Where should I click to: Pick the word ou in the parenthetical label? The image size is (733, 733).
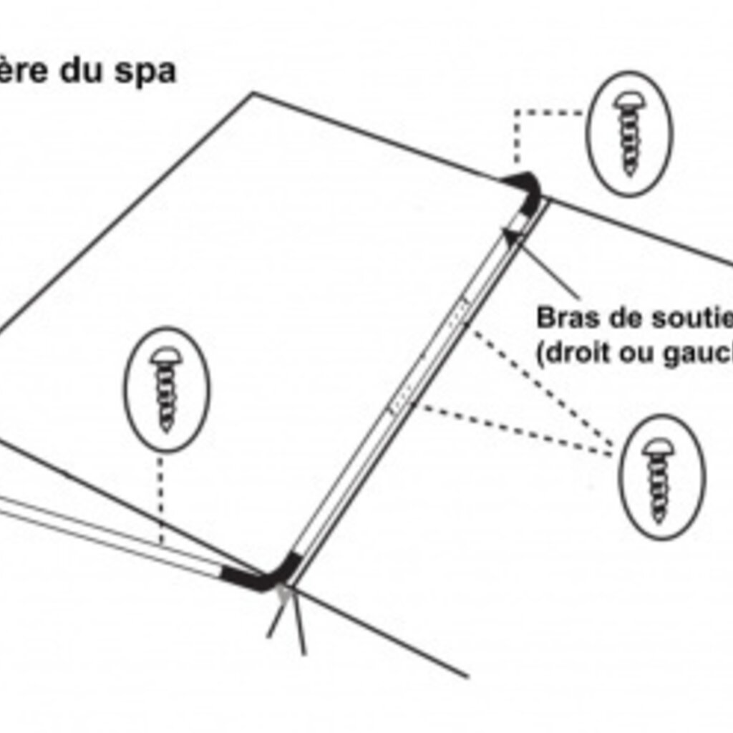[631, 354]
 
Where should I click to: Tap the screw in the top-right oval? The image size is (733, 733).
[629, 133]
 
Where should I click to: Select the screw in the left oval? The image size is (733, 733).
[166, 389]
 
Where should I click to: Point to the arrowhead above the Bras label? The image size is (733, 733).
[511, 236]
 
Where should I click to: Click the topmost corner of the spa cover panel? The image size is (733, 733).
[252, 93]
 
